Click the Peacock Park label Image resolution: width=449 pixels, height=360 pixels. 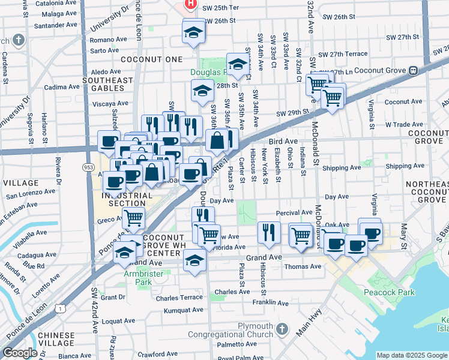(389, 293)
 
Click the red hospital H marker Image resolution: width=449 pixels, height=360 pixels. (191, 4)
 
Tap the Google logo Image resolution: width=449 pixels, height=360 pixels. (20, 353)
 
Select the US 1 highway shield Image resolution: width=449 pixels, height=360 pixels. (61, 308)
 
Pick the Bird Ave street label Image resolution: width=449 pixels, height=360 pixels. (283, 141)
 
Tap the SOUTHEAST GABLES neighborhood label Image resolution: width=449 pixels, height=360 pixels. (107, 84)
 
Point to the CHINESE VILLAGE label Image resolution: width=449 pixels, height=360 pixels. (56, 340)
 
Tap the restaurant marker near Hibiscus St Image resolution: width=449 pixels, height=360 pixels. (269, 233)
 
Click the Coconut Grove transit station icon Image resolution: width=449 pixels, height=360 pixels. (413, 70)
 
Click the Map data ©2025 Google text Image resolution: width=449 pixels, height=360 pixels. (412, 355)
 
